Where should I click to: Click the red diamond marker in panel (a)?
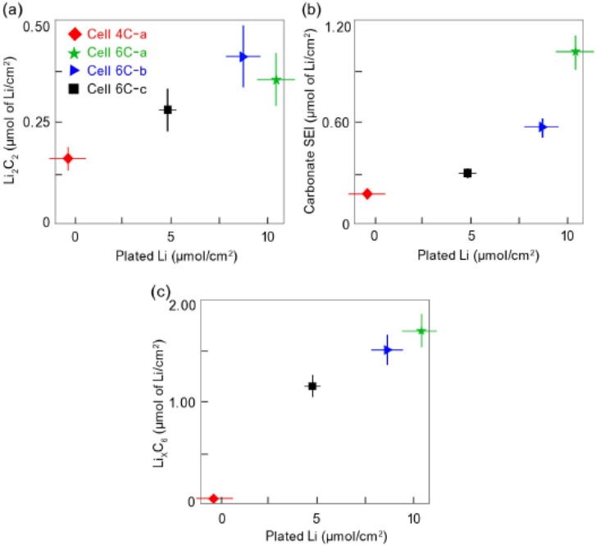67,158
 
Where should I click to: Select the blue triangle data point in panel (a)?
243,57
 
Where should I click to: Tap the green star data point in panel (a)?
276,80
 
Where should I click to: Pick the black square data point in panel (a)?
168,110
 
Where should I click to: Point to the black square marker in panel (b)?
467,173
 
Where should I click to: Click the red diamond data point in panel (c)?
214,498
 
